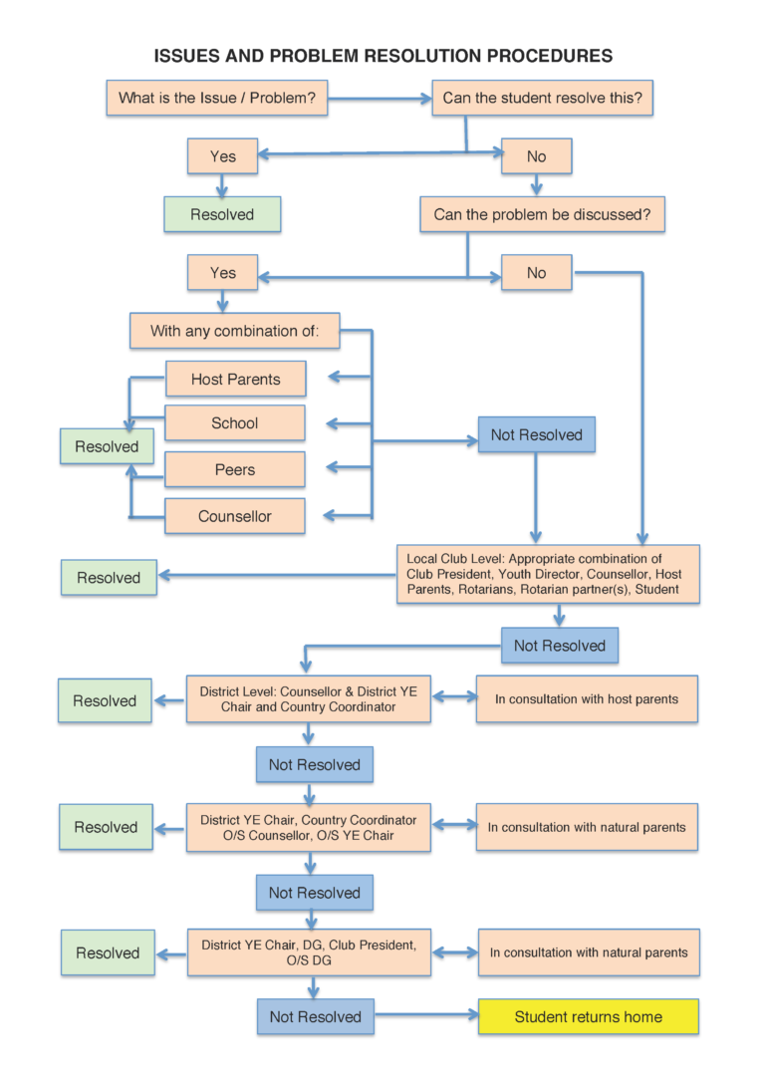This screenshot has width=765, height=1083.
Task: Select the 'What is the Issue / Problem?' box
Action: [x=216, y=98]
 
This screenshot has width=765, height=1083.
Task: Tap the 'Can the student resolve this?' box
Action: [x=542, y=98]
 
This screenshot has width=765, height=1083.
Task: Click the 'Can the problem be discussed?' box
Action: [x=542, y=214]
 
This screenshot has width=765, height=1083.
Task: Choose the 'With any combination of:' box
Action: [x=234, y=331]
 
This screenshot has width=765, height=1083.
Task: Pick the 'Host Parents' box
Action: [x=235, y=380]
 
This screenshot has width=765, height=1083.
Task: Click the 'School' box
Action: [x=235, y=423]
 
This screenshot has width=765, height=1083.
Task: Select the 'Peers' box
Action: [x=235, y=470]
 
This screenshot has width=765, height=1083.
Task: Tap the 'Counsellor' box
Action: [x=235, y=516]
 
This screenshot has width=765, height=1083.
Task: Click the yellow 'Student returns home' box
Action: [x=588, y=1017]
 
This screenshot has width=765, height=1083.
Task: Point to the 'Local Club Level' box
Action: [x=548, y=575]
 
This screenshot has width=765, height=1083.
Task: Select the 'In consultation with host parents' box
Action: [x=587, y=699]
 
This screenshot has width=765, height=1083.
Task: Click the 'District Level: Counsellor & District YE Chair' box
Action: [x=308, y=699]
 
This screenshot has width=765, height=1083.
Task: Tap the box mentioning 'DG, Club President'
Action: [x=308, y=952]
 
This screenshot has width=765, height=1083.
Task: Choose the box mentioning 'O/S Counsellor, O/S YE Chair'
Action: [x=308, y=827]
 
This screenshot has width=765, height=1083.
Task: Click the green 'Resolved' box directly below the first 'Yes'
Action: [x=222, y=214]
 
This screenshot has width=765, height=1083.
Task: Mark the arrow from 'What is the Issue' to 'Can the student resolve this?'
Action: [x=379, y=99]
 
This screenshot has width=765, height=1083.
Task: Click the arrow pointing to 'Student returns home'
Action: [x=426, y=1017]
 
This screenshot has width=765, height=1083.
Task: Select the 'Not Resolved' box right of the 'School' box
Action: [x=537, y=434]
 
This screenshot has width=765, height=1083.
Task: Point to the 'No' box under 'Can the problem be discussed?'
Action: [x=536, y=273]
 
